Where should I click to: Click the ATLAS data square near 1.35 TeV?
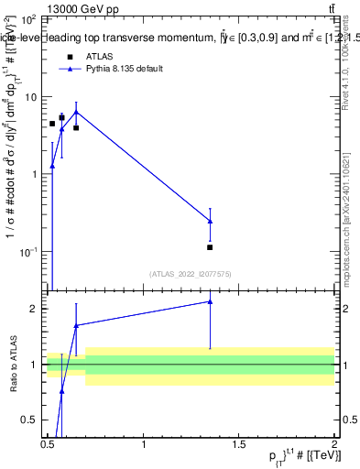coord(211,247)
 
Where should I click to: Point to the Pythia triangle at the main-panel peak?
coord(76,112)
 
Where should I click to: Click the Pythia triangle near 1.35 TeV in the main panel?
coord(211,221)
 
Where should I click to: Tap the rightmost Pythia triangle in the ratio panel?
coord(211,300)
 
